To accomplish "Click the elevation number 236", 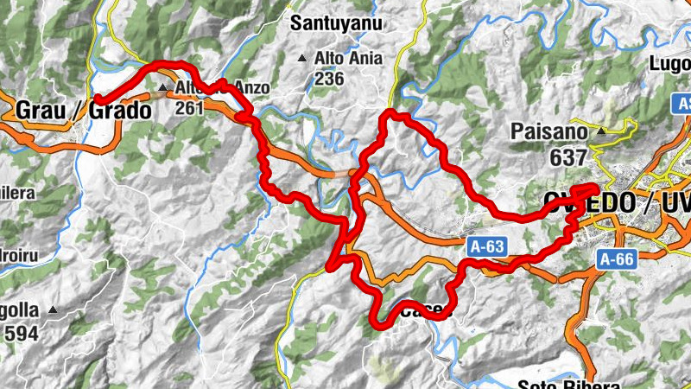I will pos(329,79).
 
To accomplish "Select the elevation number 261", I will pos(189,108).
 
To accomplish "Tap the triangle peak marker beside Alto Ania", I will pos(301,59).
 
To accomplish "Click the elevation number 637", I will pos(567,158).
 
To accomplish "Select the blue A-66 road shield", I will pos(616,258).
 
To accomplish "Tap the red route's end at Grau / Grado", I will pos(95,99).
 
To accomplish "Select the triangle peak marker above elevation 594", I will pos(54,309).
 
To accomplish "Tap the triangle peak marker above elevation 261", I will pos(163,87).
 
